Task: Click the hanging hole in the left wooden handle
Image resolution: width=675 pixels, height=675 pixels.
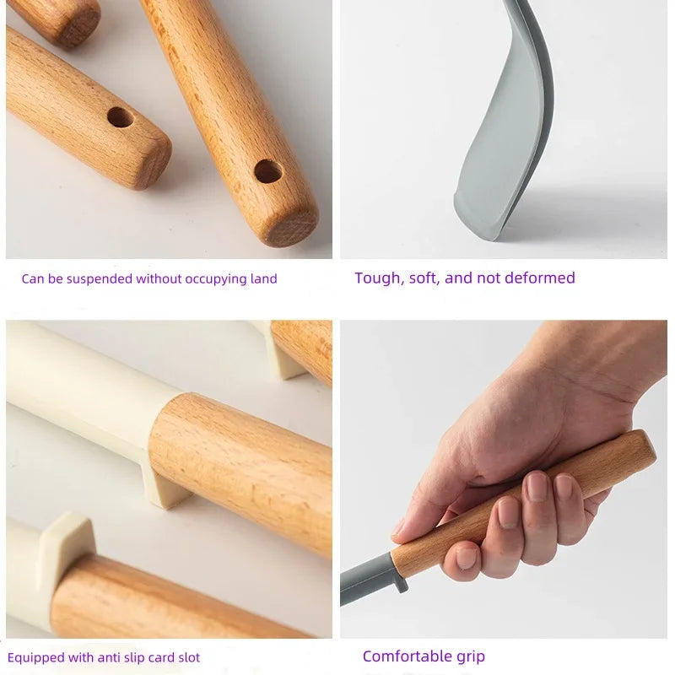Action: (x=121, y=117)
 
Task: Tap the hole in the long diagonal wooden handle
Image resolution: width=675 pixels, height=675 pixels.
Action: (x=268, y=171)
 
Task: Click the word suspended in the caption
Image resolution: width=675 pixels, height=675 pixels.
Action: (x=103, y=279)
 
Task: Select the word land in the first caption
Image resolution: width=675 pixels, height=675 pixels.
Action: (x=262, y=279)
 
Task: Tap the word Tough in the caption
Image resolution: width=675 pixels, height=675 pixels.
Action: (x=378, y=278)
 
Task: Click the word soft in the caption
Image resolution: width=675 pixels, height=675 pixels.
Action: (x=424, y=278)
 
